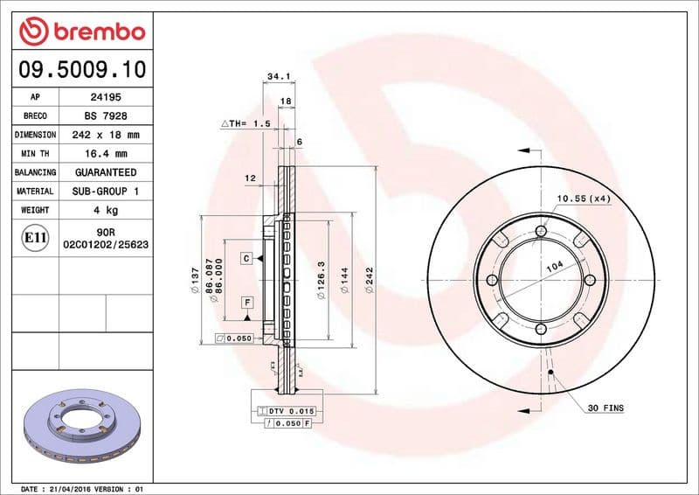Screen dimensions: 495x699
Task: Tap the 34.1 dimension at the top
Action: tap(277, 77)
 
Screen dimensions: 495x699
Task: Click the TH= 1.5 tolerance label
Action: tap(245, 124)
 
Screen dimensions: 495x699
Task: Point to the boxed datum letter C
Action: tap(247, 258)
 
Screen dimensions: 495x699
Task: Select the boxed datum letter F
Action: tap(247, 303)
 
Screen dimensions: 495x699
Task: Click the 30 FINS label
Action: tap(605, 408)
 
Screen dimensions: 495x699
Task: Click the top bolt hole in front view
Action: tap(541, 231)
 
